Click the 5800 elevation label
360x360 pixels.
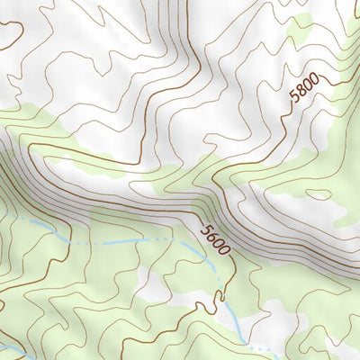click(303, 93)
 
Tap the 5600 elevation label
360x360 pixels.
click(215, 238)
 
